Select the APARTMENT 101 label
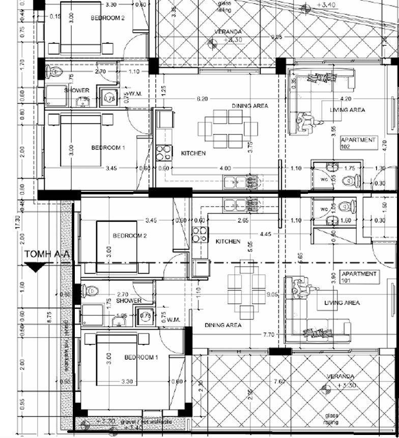tap(359, 277)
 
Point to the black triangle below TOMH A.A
tap(34, 268)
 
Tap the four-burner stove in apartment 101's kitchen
tap(199, 235)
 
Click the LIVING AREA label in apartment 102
tap(347, 110)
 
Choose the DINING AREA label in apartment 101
tap(223, 325)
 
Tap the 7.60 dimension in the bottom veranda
tap(279, 382)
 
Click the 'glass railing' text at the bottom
tap(331, 419)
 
